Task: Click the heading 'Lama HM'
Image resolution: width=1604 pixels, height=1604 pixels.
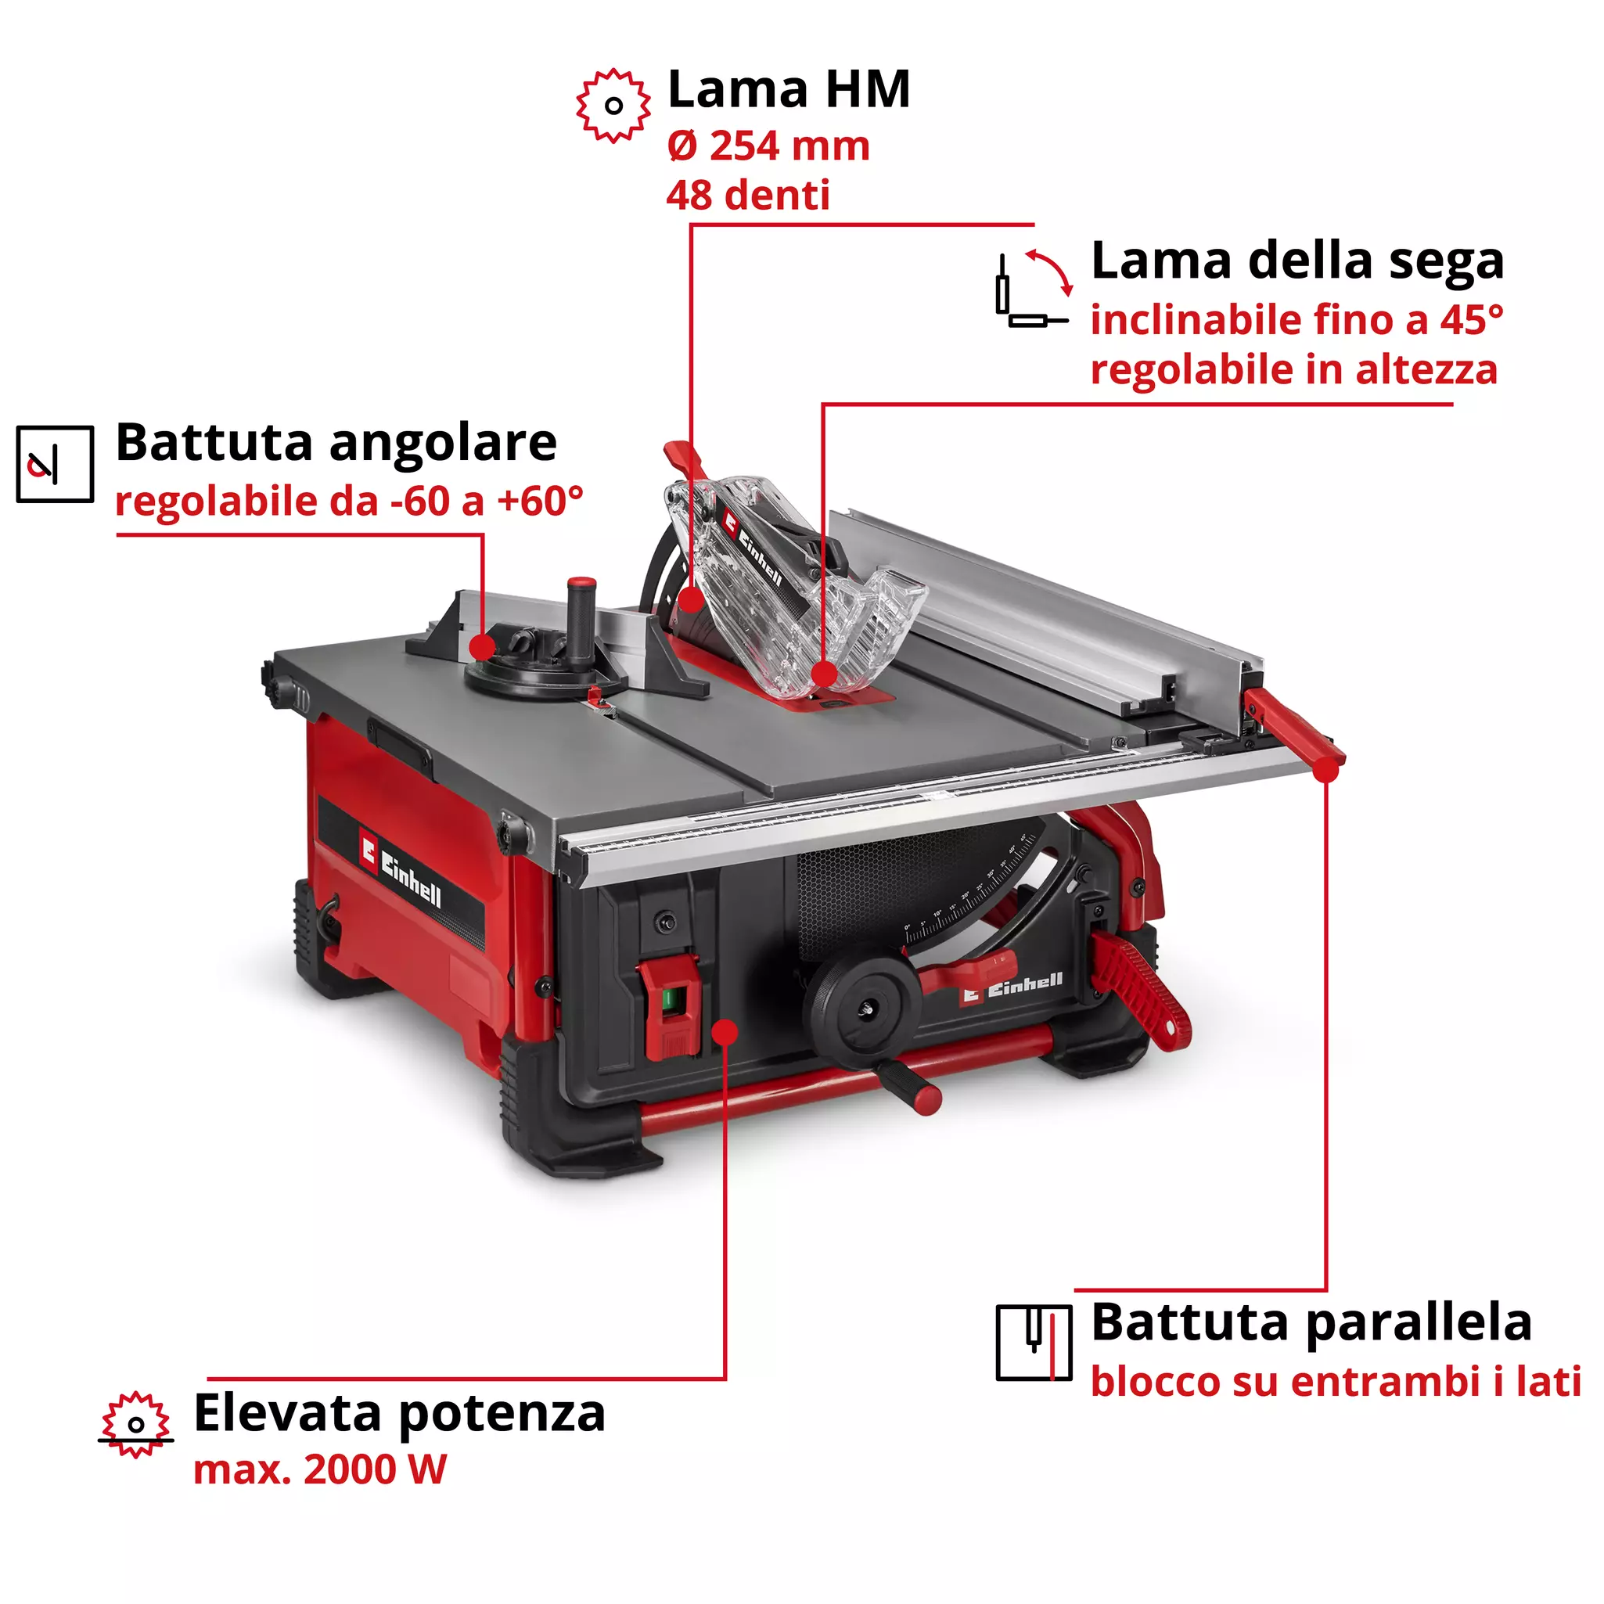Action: (789, 90)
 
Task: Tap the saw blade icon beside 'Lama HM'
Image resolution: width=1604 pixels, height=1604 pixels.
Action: (613, 106)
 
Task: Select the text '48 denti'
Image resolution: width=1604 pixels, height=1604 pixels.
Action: (747, 196)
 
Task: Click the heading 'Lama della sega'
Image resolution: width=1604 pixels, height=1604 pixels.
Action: (1297, 261)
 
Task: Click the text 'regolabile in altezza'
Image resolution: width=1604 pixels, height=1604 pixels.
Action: (1293, 370)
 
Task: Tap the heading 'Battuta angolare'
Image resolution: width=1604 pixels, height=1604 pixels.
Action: (336, 443)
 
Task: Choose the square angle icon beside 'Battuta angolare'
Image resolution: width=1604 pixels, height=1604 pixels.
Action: (55, 464)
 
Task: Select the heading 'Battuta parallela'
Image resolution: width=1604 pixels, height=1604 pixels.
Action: (1311, 1322)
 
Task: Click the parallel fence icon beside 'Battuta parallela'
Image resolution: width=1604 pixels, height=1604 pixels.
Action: (1034, 1343)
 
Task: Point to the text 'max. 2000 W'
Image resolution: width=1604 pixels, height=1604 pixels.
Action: (320, 1469)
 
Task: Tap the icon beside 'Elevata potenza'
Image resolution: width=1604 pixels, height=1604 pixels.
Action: (135, 1425)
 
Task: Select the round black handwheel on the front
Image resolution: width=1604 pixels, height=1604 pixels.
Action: (861, 1006)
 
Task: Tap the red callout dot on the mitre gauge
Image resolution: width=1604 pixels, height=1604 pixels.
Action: (481, 647)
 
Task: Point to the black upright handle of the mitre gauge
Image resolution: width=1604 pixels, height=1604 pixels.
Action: (581, 619)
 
